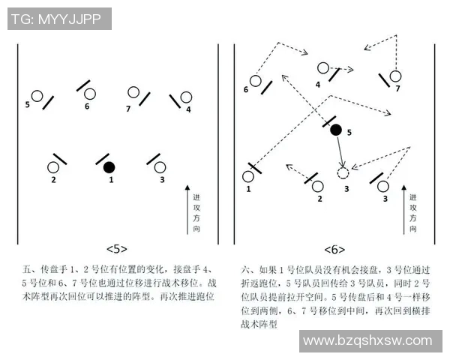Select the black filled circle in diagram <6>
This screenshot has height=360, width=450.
tap(336, 130)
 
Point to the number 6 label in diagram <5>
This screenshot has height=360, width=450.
tap(87, 106)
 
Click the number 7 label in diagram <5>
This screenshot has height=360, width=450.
tap(128, 109)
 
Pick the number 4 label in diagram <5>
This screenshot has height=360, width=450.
tap(188, 109)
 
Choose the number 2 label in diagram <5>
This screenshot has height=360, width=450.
tap(53, 180)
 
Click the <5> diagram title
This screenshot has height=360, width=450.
tap(116, 248)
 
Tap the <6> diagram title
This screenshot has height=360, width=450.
tap(334, 248)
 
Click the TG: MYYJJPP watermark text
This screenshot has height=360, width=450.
tap(59, 19)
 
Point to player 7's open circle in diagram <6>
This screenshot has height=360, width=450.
tap(395, 75)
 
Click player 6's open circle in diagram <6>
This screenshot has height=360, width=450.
tap(256, 80)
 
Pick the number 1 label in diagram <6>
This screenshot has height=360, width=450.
tap(247, 190)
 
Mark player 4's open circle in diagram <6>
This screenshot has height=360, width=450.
tap(323, 68)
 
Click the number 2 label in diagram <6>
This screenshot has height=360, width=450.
tap(319, 199)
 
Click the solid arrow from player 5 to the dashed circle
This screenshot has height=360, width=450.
tap(340, 151)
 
